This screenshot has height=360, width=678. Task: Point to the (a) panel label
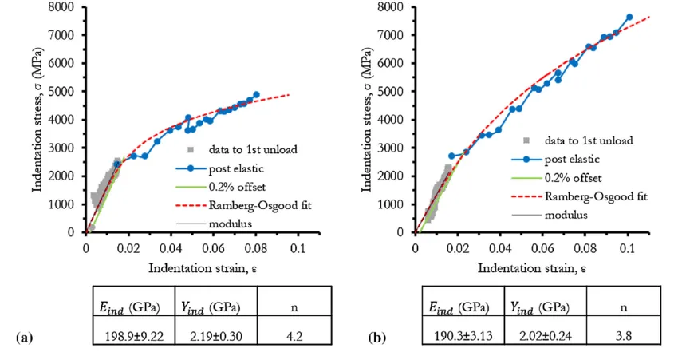[x=25, y=337]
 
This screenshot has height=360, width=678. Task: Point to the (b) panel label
[x=377, y=337]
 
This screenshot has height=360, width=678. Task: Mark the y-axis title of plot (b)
[x=369, y=120]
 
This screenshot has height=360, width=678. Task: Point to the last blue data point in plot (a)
[x=256, y=94]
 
